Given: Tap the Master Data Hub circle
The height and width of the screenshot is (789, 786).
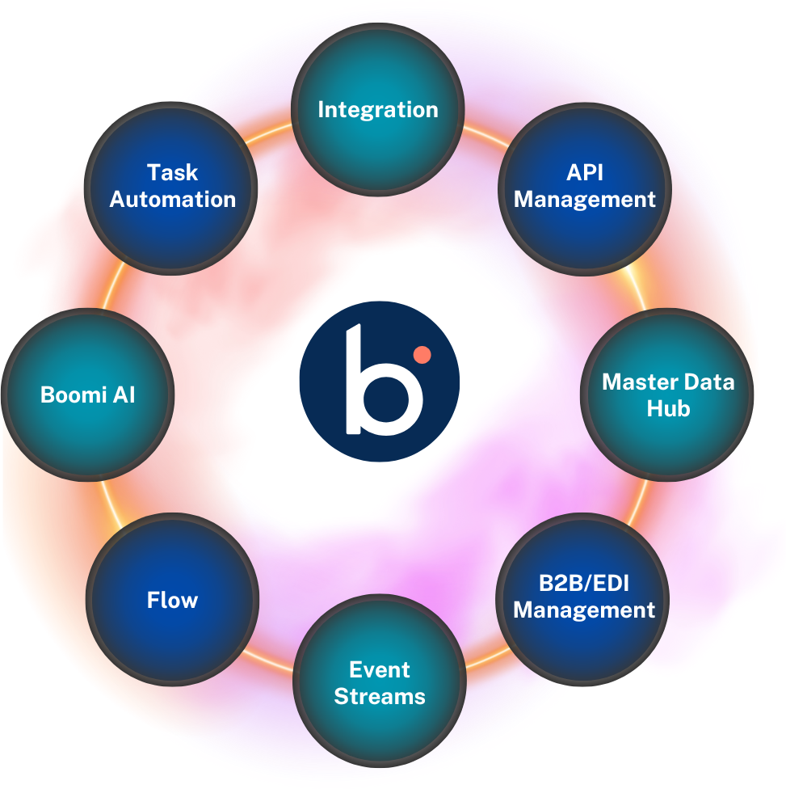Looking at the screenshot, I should pos(667,395).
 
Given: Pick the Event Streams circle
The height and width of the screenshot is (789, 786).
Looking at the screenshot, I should pos(380,683).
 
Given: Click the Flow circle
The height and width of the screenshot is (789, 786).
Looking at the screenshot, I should pos(172,599).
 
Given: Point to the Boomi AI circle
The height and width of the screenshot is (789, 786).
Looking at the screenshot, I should pos(87,395).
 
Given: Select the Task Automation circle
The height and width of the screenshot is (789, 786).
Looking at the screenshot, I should pos(172,187).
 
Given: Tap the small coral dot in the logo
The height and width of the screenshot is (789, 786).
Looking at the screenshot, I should pos(419,354).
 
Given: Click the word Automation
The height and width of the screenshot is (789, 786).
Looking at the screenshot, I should pos(172,199).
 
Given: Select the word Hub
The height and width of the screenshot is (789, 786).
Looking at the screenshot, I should pos(668,409).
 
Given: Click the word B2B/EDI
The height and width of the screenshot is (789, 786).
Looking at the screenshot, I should pos(584,583).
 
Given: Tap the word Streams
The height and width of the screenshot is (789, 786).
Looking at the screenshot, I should pos(380,696).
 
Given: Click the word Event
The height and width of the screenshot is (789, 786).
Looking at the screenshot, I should pos(380,669).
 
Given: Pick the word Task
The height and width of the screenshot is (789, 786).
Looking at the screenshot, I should pos(172,172).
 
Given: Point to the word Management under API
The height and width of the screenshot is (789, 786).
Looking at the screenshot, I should pos(585,199).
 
